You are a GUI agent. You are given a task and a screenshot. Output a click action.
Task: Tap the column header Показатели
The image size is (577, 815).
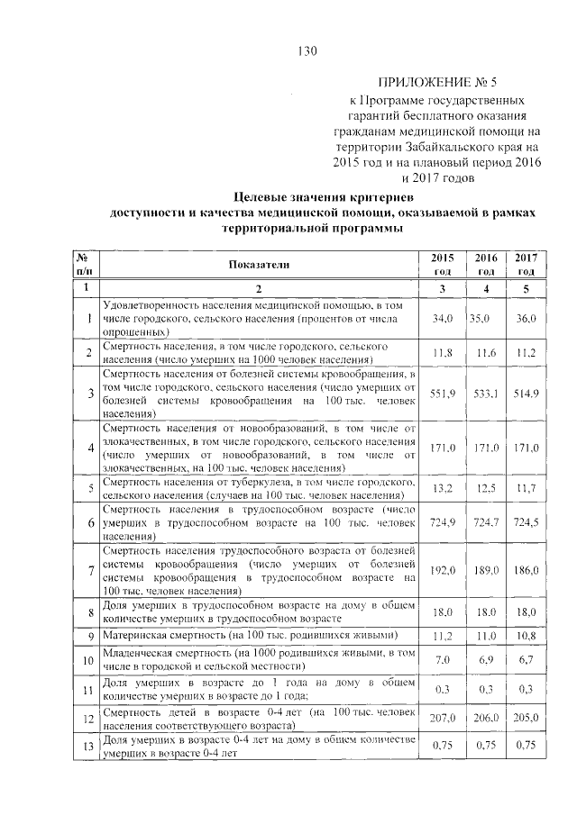259,264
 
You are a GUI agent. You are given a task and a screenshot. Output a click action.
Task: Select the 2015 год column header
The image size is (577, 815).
443,264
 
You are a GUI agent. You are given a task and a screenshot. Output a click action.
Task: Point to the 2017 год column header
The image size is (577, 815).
526,264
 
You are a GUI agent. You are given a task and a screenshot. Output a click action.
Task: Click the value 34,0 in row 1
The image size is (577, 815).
443,319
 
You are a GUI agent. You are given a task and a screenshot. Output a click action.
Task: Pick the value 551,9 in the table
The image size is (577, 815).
443,393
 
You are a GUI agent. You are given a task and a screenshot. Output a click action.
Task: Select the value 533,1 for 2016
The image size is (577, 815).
486,393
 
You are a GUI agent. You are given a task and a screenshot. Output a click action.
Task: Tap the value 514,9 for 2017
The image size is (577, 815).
526,393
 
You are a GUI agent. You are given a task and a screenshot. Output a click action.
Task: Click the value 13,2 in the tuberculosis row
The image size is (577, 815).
443,488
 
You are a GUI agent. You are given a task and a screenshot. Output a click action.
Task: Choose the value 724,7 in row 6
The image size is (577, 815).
486,522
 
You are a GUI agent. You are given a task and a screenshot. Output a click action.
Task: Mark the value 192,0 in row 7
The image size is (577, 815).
443,570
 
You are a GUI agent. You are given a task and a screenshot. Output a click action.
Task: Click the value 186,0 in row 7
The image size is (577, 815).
526,570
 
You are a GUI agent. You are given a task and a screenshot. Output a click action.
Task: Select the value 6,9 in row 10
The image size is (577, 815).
486,660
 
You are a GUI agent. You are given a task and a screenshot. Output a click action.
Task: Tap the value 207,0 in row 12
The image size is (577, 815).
443,718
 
